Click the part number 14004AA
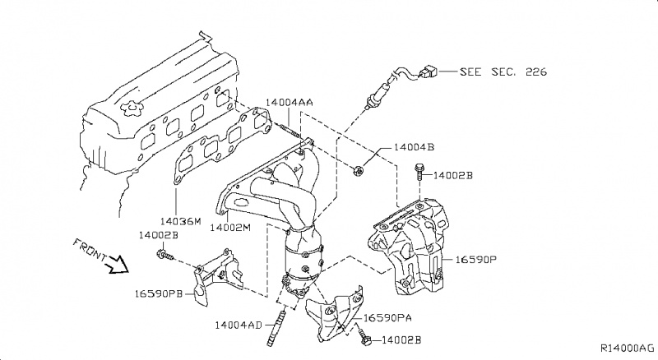tap(289, 103)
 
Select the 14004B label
tap(414, 148)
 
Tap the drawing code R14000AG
tap(626, 349)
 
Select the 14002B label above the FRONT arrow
tap(158, 235)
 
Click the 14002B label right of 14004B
tap(453, 175)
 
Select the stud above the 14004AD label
tap(284, 316)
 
